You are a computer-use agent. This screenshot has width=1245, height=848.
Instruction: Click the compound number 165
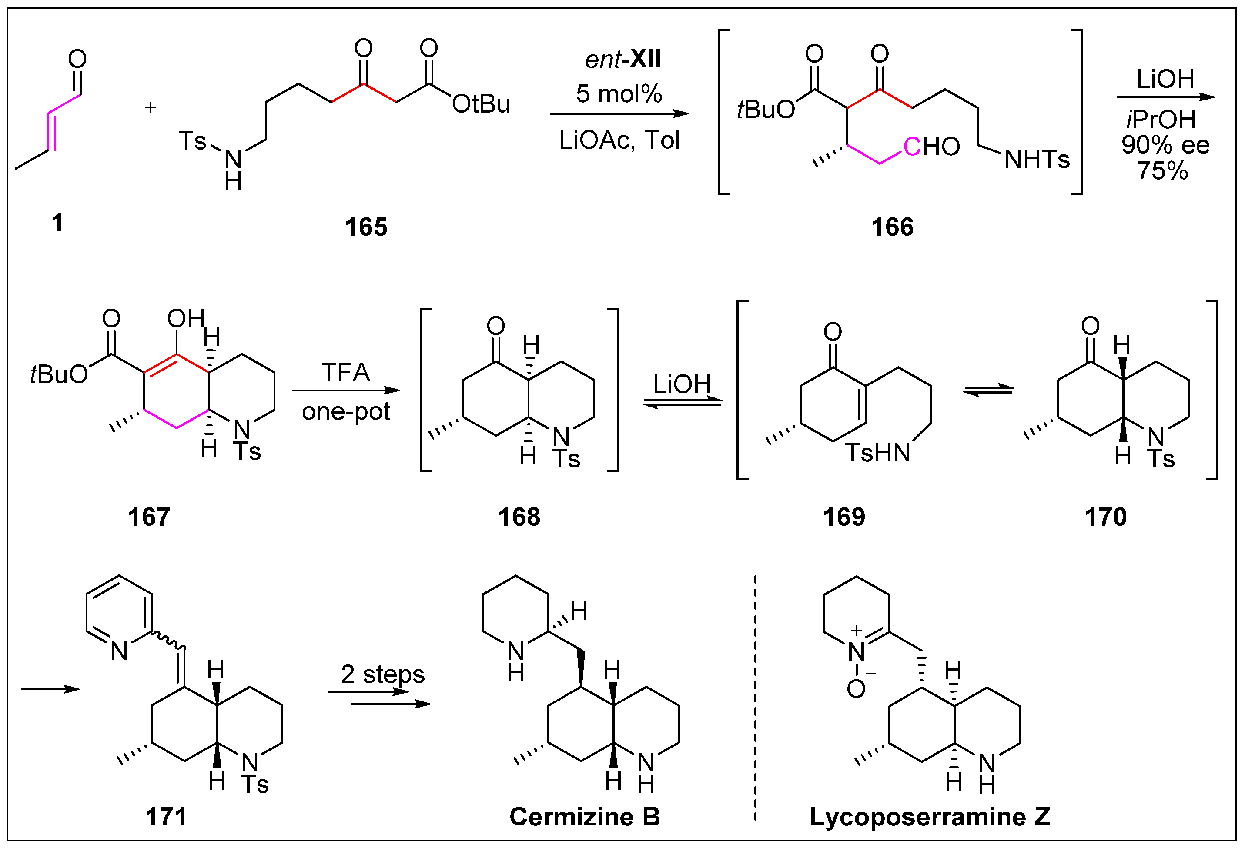366,227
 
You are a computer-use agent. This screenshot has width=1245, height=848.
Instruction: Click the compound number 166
892,227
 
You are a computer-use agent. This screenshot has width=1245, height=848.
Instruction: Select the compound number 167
149,517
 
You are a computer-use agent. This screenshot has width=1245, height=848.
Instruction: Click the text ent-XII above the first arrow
622,59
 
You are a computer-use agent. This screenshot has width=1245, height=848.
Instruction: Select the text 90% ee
1165,145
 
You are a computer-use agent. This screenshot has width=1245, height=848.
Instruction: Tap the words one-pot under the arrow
346,411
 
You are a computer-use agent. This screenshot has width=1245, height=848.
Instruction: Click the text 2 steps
382,674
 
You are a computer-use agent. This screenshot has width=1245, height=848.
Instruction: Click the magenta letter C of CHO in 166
912,147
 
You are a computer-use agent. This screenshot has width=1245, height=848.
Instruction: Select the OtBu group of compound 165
481,104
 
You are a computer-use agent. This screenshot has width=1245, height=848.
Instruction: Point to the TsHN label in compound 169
878,453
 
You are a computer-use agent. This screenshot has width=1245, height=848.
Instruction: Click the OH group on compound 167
185,319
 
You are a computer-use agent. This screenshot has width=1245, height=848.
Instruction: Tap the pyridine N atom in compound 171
119,651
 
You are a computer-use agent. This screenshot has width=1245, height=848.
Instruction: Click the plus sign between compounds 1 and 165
151,108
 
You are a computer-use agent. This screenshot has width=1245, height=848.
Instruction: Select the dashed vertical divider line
755,696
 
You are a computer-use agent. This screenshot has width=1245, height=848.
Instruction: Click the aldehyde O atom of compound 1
78,59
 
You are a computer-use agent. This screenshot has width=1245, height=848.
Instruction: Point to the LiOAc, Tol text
619,140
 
